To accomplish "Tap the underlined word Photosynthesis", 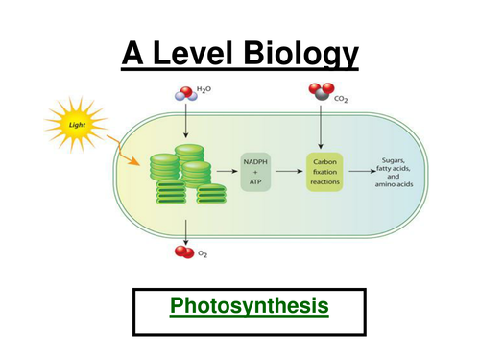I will [250, 307].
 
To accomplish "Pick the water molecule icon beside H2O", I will [182, 94].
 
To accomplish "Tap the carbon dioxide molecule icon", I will [322, 92].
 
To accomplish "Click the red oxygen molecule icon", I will [183, 253].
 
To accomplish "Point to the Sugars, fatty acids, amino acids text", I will [396, 173].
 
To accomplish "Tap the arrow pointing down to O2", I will [183, 227].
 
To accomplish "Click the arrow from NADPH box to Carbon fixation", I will [291, 173].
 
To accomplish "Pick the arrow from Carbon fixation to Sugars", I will [361, 173].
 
